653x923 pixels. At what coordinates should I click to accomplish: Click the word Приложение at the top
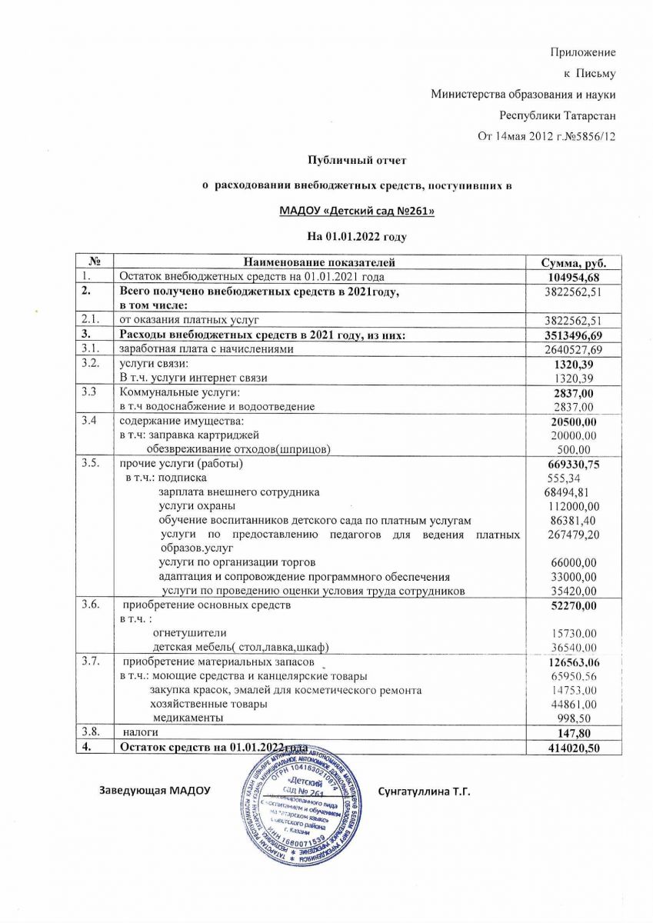tap(583, 52)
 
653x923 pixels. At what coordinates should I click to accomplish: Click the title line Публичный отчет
tap(356, 160)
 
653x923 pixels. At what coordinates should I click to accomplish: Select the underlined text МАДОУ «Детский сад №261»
tap(356, 209)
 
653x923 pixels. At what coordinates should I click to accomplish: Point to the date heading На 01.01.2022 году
tap(356, 235)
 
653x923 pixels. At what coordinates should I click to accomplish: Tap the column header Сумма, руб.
tap(571, 262)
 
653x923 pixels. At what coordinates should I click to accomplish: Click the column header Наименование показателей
tap(318, 262)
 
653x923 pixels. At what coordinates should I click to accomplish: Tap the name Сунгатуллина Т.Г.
tap(424, 791)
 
